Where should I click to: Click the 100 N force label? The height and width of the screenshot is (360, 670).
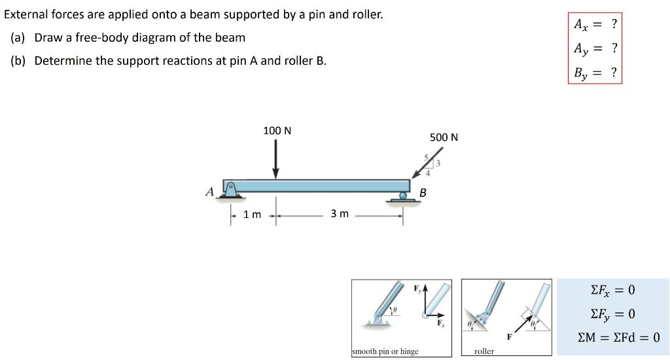277,131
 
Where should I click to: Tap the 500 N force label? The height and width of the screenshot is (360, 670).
444,137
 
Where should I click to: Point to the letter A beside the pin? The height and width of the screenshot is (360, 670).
209,192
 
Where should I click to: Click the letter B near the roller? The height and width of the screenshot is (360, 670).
423,192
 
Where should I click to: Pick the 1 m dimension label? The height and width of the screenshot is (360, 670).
252,215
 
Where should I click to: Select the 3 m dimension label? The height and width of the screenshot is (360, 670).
339,214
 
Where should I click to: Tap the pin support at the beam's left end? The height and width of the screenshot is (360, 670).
229,188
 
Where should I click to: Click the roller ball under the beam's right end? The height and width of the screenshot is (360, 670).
404,195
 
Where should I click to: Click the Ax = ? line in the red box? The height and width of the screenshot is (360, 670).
595,25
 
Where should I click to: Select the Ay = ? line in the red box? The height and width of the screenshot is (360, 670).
595,48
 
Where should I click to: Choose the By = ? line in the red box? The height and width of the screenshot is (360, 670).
595,72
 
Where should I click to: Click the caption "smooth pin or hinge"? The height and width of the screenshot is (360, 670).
385,351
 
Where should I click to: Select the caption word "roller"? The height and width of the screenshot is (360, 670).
484,351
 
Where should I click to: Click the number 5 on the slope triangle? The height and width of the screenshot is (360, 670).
426,157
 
